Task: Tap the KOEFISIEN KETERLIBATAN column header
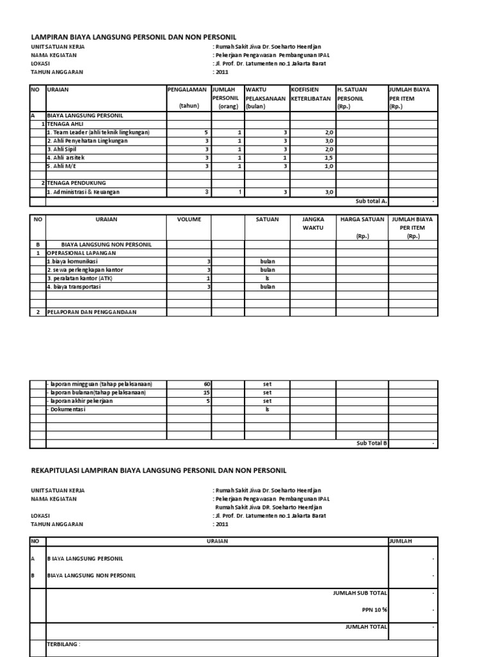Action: (311, 94)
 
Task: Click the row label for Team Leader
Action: (98, 132)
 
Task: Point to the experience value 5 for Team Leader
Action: (206, 132)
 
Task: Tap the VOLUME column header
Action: (189, 219)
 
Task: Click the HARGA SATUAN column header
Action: (362, 219)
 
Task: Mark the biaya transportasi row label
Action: (73, 287)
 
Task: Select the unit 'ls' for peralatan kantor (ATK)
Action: (267, 278)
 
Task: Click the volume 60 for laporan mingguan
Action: (206, 384)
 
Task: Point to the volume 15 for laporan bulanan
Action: (206, 393)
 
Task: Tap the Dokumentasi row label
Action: (67, 409)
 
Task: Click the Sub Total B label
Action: (372, 443)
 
